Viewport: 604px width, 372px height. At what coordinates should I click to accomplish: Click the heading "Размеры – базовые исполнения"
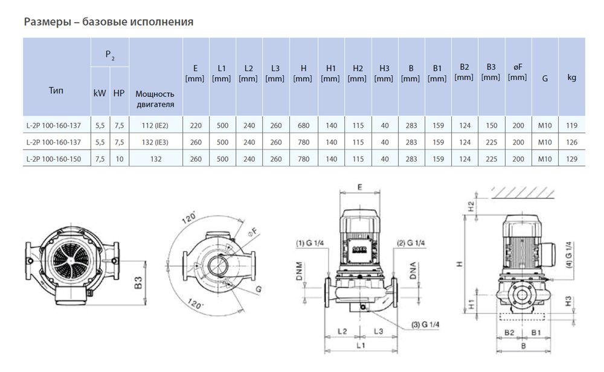(x=108, y=22)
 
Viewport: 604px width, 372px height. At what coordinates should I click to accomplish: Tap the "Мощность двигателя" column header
(x=155, y=99)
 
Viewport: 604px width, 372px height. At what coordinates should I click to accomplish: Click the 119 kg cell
(x=571, y=126)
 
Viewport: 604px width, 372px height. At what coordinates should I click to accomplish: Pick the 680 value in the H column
(x=303, y=126)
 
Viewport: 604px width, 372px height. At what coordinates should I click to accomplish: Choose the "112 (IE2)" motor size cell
(x=155, y=126)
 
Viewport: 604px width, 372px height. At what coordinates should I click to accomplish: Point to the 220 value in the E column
(x=196, y=126)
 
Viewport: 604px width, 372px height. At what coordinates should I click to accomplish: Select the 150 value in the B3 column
(x=491, y=126)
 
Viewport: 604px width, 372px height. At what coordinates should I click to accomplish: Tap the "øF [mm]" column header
(x=518, y=72)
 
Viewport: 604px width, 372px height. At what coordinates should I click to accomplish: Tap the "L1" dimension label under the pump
(x=361, y=347)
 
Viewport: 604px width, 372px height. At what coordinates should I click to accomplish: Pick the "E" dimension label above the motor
(x=359, y=188)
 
